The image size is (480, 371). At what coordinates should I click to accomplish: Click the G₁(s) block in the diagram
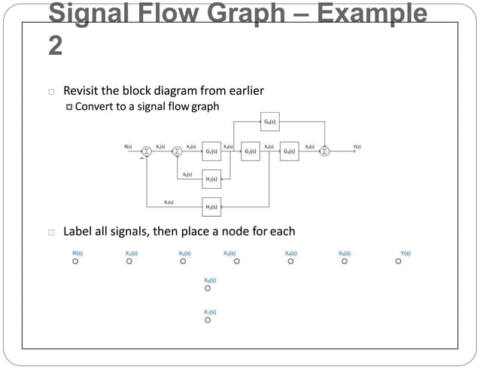[x=211, y=151]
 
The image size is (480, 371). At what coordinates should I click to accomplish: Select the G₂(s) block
[x=251, y=151]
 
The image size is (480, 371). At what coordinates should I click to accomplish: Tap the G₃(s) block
[x=290, y=151]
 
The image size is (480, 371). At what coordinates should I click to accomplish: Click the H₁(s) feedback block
[x=211, y=179]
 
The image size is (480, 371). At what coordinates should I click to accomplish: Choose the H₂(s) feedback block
[x=211, y=205]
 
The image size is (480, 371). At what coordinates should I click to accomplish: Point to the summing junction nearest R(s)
[x=147, y=151]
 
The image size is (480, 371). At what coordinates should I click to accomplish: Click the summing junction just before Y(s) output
[x=325, y=151]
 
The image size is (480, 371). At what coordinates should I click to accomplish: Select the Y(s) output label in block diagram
[x=357, y=146]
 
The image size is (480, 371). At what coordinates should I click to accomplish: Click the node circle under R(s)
[x=75, y=262]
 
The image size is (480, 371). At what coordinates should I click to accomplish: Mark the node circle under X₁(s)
[x=129, y=262]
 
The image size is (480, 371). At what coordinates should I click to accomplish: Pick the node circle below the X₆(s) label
[x=208, y=288]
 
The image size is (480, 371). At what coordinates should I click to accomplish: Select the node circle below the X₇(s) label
[x=208, y=320]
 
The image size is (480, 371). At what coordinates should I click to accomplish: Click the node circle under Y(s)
[x=398, y=262]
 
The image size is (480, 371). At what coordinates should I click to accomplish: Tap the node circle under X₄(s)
[x=290, y=262]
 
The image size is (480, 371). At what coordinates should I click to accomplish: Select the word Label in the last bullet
[x=77, y=231]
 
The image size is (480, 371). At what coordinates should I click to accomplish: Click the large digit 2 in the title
[x=56, y=45]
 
